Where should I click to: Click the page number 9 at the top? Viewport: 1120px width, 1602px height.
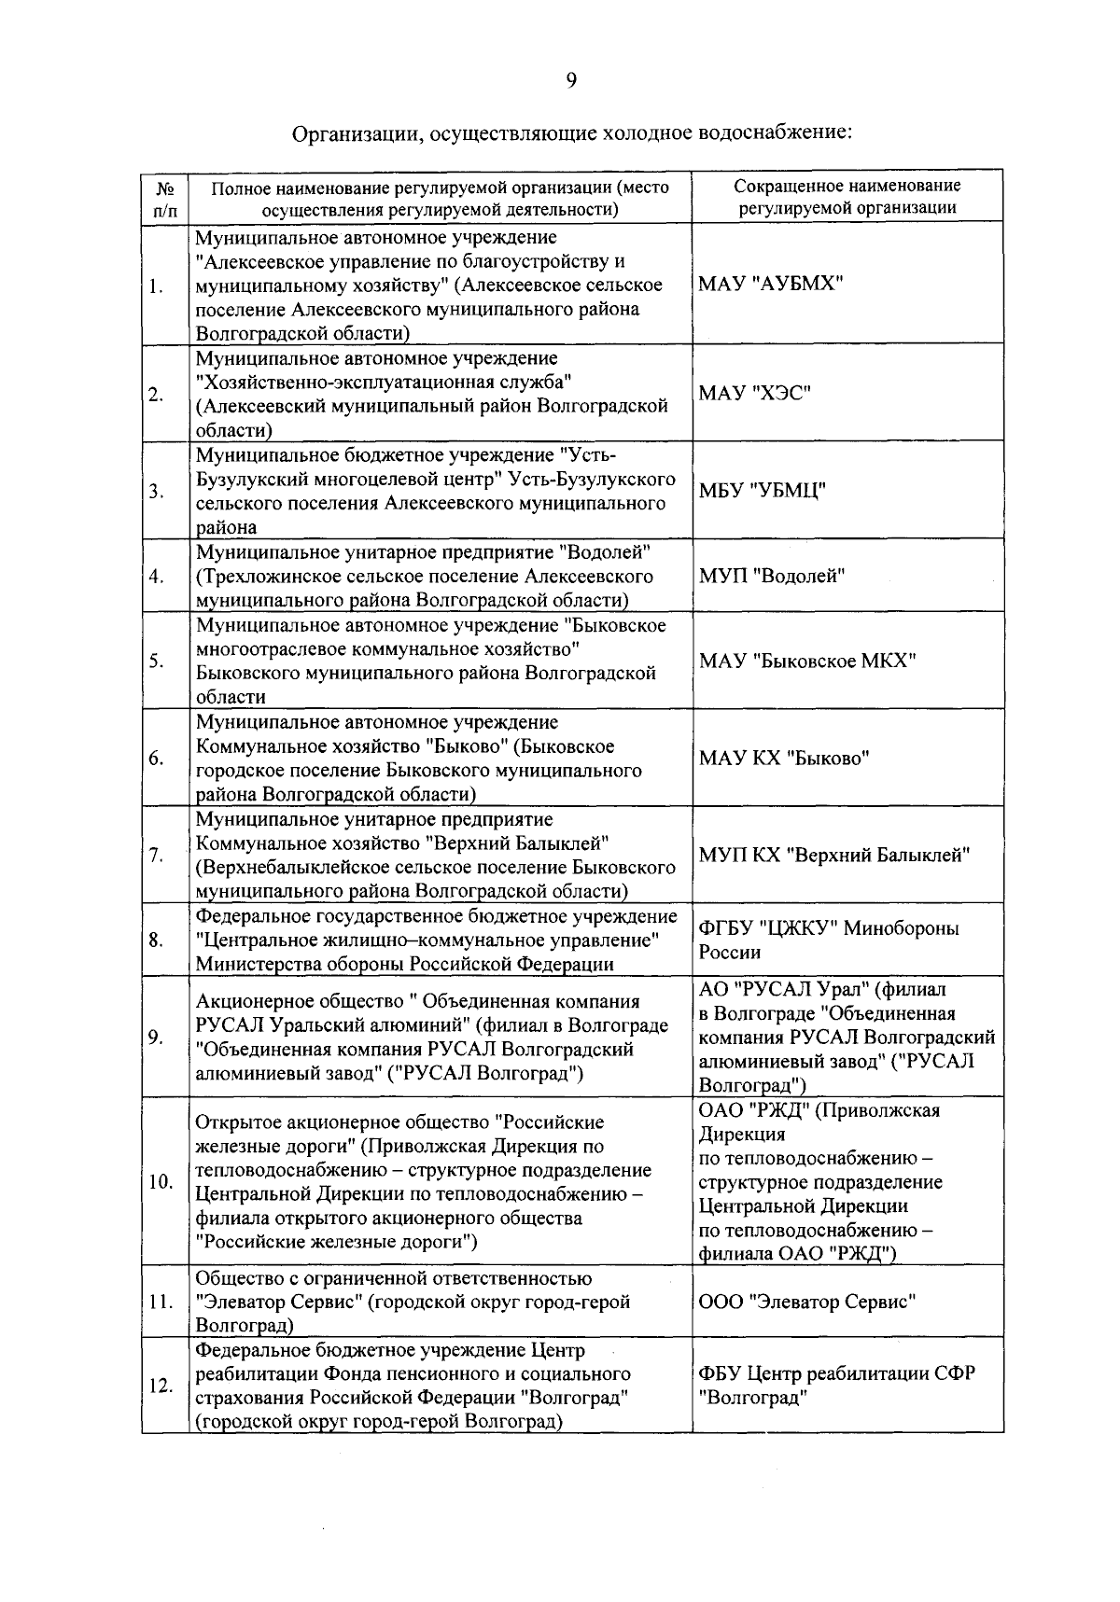(570, 81)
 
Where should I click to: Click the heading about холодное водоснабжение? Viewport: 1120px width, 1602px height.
(572, 132)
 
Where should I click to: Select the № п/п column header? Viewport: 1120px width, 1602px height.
(165, 198)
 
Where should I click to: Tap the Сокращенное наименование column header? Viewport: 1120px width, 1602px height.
(847, 197)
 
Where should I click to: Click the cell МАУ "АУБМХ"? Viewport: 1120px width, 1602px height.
(770, 284)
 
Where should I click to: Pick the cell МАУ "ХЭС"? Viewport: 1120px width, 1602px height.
(754, 394)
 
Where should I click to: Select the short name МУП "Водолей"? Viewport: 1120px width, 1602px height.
(771, 576)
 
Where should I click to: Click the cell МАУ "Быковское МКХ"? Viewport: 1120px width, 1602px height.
(807, 661)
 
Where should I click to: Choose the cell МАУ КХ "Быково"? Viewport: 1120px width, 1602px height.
(784, 758)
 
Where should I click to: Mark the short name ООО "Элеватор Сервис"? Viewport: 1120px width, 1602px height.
(807, 1302)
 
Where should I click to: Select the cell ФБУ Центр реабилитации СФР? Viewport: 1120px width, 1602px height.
(837, 1386)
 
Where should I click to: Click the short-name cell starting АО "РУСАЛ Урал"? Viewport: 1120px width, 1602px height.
(847, 1037)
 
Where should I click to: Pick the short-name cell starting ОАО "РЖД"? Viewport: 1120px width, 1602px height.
(821, 1181)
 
